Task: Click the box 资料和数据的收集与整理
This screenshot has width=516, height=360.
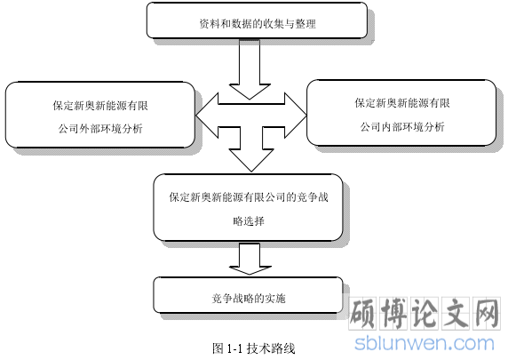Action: (x=257, y=20)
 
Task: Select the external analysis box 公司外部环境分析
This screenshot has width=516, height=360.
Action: (x=100, y=115)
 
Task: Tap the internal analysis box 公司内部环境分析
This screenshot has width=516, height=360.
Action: (x=401, y=113)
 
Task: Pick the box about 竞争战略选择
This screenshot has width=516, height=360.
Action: (x=248, y=207)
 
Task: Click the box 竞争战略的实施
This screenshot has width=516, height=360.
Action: (x=248, y=295)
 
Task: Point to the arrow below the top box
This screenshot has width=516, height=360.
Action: (x=250, y=69)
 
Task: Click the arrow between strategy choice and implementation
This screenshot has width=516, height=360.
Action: (x=250, y=259)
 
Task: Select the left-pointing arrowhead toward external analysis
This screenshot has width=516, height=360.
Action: (x=207, y=116)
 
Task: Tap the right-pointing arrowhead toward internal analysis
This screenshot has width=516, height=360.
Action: (x=295, y=116)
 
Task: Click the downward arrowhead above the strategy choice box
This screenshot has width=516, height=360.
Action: (x=251, y=160)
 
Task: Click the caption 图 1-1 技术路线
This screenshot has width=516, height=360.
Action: (x=253, y=348)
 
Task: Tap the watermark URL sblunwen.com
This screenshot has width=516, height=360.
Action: (x=425, y=343)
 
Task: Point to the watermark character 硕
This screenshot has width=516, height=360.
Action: (x=362, y=313)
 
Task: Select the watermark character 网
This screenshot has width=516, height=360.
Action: (x=487, y=313)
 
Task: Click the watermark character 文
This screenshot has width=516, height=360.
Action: (x=456, y=313)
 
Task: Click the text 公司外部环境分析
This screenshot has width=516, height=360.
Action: (x=100, y=129)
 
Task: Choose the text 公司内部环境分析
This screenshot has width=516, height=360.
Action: (x=402, y=126)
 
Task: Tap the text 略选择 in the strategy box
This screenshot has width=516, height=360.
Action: (x=249, y=221)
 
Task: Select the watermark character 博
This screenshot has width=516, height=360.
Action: (x=393, y=313)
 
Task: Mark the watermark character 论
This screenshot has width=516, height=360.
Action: (x=425, y=313)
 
